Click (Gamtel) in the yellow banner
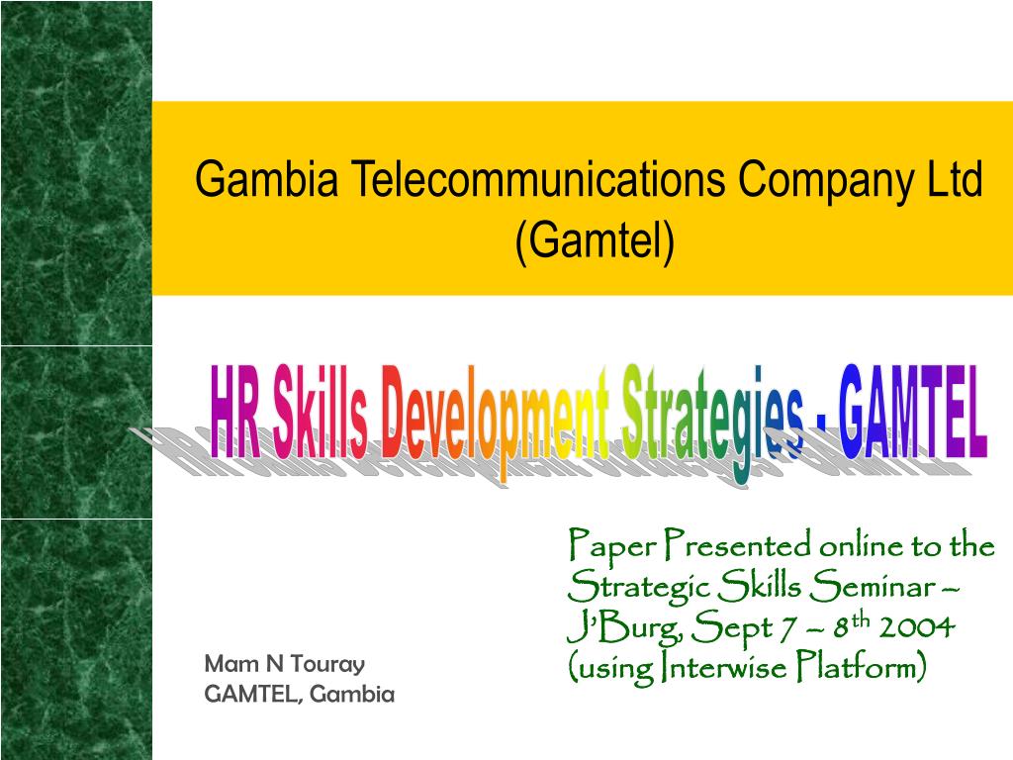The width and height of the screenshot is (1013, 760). coord(595,240)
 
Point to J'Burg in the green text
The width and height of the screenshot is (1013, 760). coord(604,628)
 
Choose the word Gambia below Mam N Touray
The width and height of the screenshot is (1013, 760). coord(352,695)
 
